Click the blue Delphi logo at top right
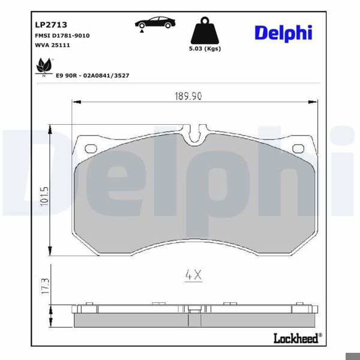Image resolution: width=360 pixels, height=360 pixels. click(x=283, y=33)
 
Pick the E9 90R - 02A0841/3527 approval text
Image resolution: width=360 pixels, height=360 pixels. click(x=92, y=76)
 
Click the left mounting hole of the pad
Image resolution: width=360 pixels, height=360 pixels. click(x=91, y=148)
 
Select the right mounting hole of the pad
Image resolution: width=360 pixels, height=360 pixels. click(x=297, y=148)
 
